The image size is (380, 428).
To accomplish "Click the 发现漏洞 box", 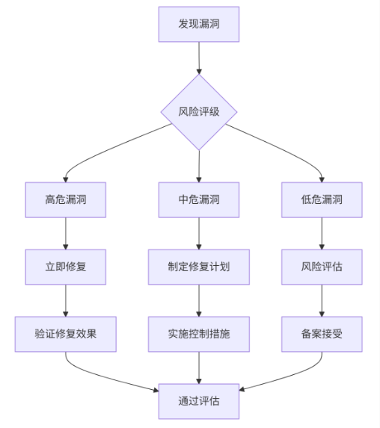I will (198, 25).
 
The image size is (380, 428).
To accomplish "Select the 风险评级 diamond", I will (198, 112).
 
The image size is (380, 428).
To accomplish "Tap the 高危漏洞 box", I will (66, 199).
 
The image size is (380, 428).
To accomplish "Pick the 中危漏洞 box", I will (198, 199).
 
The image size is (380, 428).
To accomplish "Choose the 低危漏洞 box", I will (322, 199).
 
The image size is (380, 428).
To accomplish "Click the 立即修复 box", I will (66, 267).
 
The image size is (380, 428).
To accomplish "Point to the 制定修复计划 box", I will (198, 267).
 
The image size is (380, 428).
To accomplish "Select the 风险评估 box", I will (322, 267).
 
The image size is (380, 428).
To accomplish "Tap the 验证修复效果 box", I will (66, 334).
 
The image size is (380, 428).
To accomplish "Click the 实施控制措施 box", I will (198, 334).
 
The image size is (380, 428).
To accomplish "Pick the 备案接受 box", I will (322, 334).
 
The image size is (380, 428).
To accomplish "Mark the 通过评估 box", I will (198, 401).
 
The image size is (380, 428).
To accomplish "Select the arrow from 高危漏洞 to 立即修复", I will (66, 233).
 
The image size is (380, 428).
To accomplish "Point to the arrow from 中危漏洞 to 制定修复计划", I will (198, 233).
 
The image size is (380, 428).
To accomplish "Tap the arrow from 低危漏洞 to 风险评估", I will (322, 233).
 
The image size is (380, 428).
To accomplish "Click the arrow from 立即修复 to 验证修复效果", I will (66, 300).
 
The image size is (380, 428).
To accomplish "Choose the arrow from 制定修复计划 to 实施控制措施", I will (198, 300).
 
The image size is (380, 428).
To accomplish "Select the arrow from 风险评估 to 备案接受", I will (322, 300).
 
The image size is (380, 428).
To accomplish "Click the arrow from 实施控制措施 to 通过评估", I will (198, 367).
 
